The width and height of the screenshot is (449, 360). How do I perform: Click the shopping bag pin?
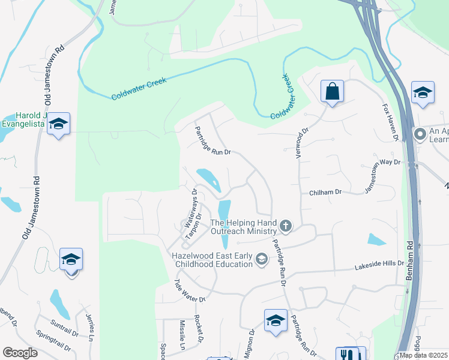point(331,92)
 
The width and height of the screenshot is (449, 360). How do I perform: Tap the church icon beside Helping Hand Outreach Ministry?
point(286,226)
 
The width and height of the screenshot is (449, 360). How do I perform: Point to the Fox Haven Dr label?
point(391,122)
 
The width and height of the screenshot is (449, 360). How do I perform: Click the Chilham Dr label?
point(325,193)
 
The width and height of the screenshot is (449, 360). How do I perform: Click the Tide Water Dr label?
point(189,290)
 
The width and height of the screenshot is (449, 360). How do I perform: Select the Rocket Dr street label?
point(197,329)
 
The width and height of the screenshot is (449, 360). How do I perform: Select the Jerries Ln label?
point(90,328)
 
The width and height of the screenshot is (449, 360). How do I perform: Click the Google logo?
point(20,352)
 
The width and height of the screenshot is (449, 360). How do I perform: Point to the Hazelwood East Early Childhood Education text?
point(211,260)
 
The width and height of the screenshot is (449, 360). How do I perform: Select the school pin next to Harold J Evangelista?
point(58,124)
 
